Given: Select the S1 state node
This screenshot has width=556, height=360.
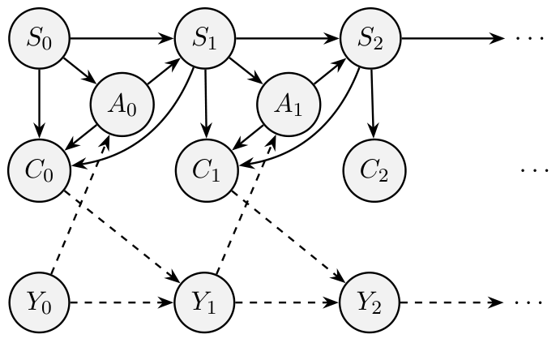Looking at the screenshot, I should [205, 38].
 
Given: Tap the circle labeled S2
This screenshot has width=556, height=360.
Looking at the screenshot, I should [372, 38].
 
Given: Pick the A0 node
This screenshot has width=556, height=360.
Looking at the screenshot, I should [121, 105].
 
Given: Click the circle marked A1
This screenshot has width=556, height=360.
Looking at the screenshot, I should [288, 105].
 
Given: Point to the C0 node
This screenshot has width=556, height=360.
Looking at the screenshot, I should [37, 171].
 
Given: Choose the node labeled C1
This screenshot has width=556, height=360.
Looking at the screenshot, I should [205, 171].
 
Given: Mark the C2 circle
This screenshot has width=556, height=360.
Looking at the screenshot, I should [372, 171].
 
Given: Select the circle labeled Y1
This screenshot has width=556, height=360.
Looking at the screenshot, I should [205, 304].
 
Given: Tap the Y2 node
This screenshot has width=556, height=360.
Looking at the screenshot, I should [372, 304].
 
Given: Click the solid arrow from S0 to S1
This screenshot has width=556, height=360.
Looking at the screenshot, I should [122, 38].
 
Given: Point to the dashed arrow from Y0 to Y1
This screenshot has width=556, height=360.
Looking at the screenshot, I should [122, 304].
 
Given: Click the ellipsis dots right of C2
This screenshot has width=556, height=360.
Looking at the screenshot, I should [534, 171].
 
